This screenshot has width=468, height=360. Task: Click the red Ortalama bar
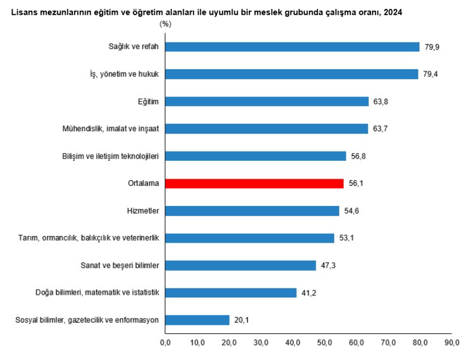click(x=255, y=183)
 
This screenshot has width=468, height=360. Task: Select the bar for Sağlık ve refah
click(x=292, y=47)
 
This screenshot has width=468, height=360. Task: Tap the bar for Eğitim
click(x=267, y=102)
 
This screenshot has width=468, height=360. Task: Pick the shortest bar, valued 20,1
click(x=197, y=320)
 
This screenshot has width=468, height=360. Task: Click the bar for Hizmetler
click(x=252, y=211)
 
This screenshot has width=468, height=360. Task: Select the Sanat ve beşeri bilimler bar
click(x=240, y=265)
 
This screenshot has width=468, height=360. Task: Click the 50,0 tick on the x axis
click(x=324, y=342)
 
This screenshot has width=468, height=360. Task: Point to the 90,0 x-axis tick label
click(x=451, y=342)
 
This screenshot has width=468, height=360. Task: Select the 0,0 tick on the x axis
click(x=165, y=342)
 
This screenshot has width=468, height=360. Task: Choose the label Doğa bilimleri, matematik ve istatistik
click(x=97, y=293)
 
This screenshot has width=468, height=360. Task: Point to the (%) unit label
click(x=166, y=24)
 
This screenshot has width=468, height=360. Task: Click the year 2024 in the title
click(x=392, y=12)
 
